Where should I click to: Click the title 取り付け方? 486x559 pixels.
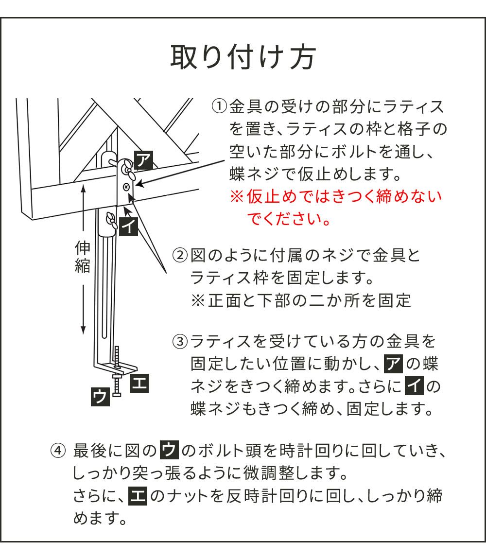[243, 57]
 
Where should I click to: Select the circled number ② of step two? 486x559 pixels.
[180, 255]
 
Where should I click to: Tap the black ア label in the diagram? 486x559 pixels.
[143, 160]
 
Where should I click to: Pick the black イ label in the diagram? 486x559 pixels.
[128, 226]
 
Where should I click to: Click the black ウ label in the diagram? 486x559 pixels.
[100, 396]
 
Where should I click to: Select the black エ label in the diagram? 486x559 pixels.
[139, 383]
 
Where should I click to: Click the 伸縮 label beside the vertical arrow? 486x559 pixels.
[83, 257]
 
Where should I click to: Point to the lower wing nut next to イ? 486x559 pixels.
[110, 220]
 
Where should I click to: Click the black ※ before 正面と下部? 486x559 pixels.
[198, 300]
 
